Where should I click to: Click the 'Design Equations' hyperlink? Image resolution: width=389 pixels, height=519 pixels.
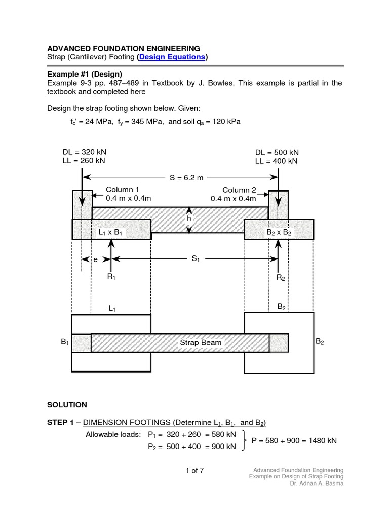point(172,57)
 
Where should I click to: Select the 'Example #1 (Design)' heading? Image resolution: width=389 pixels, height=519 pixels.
point(85,74)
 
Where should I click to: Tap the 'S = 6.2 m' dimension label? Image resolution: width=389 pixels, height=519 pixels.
point(186,177)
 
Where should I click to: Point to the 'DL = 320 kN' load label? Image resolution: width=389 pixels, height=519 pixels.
point(85,152)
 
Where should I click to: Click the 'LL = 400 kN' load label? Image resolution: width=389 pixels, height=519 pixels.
point(277,161)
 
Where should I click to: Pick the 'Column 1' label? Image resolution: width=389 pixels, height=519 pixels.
point(119,190)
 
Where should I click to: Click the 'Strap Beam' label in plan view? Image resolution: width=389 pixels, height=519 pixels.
point(201,343)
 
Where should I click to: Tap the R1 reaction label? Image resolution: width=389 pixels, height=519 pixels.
point(111,277)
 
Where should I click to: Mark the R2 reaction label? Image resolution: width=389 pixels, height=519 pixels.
point(281,277)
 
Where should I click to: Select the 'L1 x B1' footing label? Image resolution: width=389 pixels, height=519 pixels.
point(111,232)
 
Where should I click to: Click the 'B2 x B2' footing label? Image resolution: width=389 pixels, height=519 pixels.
point(279,232)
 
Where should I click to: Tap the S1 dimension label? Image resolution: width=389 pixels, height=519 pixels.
point(196,259)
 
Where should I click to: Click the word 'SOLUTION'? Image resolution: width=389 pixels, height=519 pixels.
point(67,405)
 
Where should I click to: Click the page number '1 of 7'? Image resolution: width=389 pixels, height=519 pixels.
point(194,470)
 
